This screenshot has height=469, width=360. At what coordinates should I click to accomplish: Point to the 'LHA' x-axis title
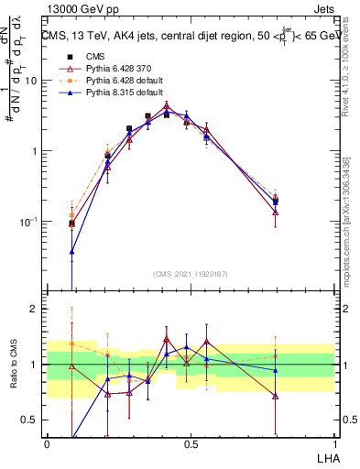[325, 458]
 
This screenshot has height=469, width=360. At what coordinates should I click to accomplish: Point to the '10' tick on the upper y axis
[31, 81]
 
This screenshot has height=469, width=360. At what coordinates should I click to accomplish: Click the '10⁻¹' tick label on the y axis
[29, 223]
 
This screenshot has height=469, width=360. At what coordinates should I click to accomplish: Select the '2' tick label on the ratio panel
[36, 310]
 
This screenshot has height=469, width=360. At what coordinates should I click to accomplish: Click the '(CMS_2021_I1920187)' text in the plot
[191, 274]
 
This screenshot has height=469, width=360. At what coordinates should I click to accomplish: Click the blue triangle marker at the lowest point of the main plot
[71, 251]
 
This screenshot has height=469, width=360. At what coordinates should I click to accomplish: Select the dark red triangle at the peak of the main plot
[166, 107]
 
